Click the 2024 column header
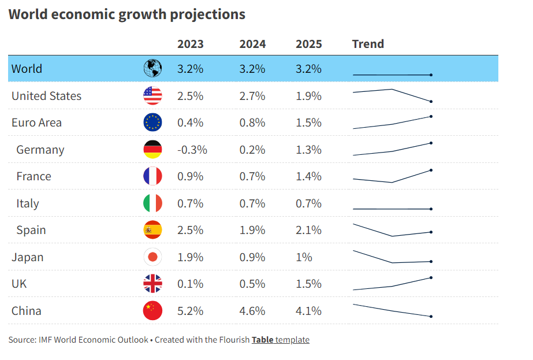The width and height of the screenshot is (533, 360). (252, 44)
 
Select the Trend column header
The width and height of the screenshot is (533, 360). (368, 44)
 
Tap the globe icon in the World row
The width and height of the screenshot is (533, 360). (152, 69)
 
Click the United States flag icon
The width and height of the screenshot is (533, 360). (152, 95)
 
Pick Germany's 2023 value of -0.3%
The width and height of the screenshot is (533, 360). (192, 150)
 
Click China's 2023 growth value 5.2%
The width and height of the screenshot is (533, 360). (190, 311)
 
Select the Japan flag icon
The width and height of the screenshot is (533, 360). (152, 257)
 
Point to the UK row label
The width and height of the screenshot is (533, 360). (19, 284)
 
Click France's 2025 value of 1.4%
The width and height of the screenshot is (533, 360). (308, 176)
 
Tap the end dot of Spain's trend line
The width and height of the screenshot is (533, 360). (431, 232)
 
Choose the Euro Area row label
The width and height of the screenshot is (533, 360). (36, 123)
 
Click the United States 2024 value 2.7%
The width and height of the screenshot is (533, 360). (252, 96)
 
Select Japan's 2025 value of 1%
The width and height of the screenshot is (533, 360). (304, 257)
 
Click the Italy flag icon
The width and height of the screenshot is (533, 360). (152, 203)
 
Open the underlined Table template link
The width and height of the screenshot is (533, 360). (281, 340)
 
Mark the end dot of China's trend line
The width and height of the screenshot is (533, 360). (431, 316)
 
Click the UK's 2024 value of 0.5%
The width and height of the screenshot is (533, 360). (252, 284)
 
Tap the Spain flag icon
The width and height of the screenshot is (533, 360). (152, 230)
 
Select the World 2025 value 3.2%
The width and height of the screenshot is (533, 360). (308, 69)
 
